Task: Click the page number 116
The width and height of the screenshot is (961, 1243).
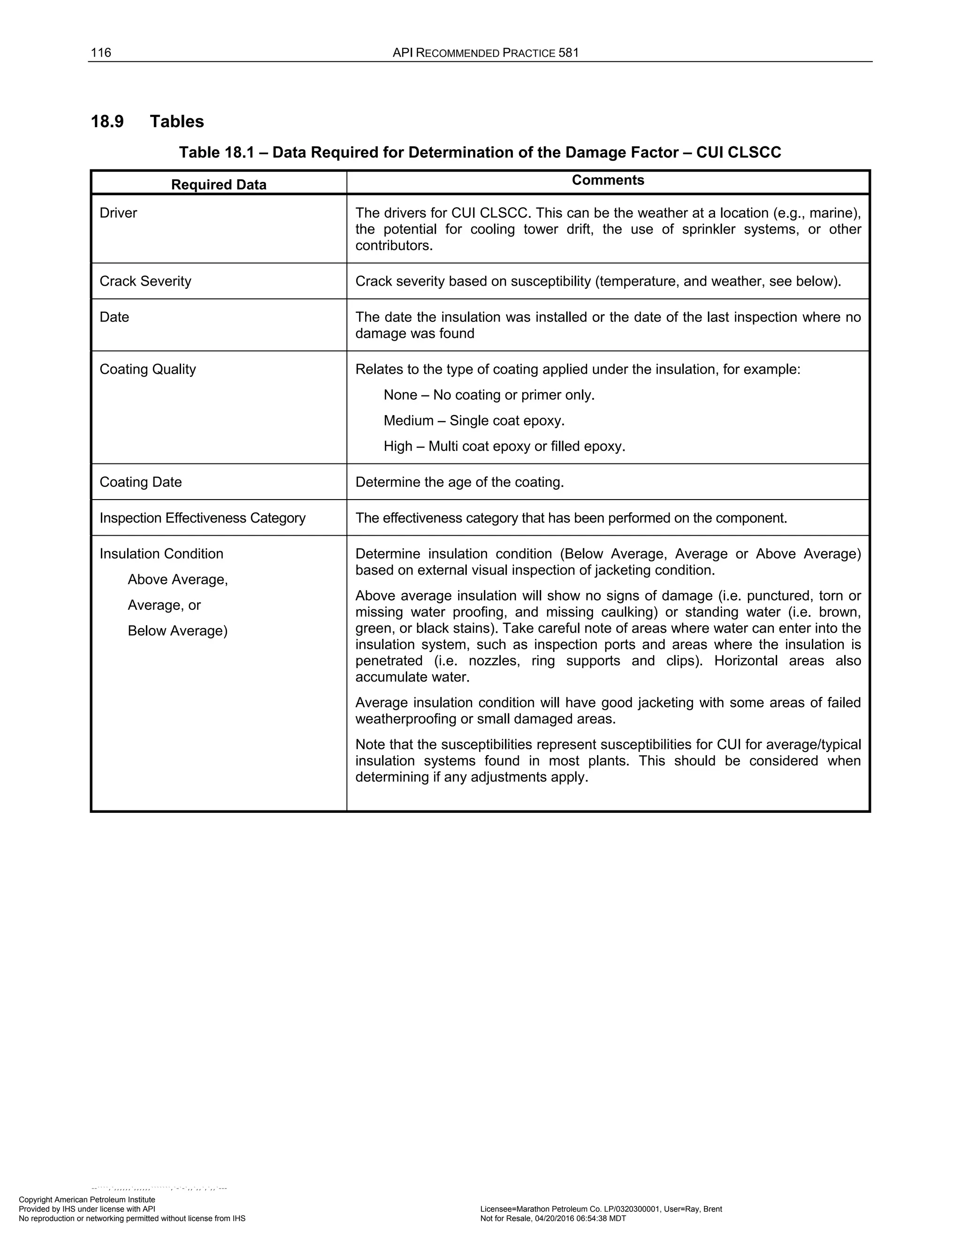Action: coord(101,53)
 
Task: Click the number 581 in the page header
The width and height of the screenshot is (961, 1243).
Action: coord(568,53)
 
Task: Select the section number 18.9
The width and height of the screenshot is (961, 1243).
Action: coord(107,121)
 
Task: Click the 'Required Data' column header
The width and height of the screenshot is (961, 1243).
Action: coord(219,184)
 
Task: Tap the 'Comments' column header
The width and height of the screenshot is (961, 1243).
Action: coord(608,181)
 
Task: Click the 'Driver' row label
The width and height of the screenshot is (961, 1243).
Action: coord(118,213)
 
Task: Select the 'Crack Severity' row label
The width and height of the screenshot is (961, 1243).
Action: coord(145,281)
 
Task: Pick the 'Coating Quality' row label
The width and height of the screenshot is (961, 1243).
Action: coord(147,369)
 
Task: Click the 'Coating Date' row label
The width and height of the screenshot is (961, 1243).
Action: coord(141,482)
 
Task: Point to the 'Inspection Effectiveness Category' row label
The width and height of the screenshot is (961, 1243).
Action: coord(202,518)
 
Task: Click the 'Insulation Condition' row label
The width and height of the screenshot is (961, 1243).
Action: coord(161,554)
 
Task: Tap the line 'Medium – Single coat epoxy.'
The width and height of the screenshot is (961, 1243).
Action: coord(473,421)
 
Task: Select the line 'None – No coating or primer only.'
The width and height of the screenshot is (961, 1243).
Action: coord(488,395)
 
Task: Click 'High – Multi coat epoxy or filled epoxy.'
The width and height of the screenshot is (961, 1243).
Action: coord(504,446)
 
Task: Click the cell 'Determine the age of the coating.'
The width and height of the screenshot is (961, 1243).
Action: coord(459,482)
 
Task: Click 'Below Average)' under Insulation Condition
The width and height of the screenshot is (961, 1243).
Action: coord(177,630)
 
